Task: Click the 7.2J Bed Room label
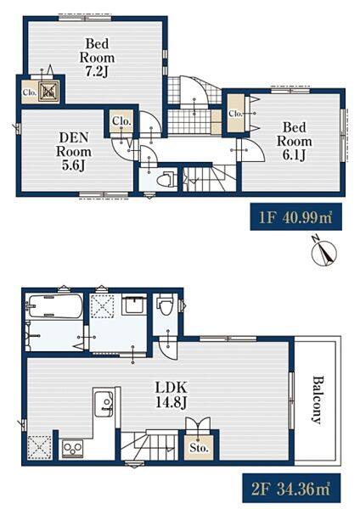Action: click(x=97, y=58)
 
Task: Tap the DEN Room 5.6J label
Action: click(x=74, y=151)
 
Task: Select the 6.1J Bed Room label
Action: click(x=294, y=141)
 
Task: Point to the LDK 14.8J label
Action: click(x=171, y=395)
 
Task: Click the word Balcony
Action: click(x=318, y=400)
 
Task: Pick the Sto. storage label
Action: click(x=199, y=448)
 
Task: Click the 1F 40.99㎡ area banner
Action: click(x=295, y=217)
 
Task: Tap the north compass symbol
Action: click(x=323, y=252)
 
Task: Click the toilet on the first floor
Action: click(x=166, y=179)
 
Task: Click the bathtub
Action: click(x=54, y=306)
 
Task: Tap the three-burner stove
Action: click(x=72, y=448)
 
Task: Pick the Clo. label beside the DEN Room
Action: click(x=121, y=121)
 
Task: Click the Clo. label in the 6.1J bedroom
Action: click(x=235, y=114)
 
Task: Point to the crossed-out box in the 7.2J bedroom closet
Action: click(x=48, y=91)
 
